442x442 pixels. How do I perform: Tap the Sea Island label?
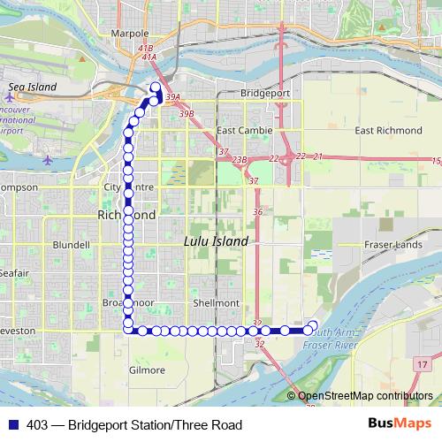32,87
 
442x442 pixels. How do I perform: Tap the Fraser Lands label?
389,244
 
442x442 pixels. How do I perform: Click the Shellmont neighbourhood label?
217,302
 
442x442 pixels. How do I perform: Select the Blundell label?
71,244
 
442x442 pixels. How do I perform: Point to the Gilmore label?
147,370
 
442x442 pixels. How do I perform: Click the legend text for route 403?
133,425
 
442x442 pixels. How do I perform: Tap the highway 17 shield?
423,363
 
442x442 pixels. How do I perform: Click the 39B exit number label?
187,113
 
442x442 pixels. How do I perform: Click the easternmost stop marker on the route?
312,324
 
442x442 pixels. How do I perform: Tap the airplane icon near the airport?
47,159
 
